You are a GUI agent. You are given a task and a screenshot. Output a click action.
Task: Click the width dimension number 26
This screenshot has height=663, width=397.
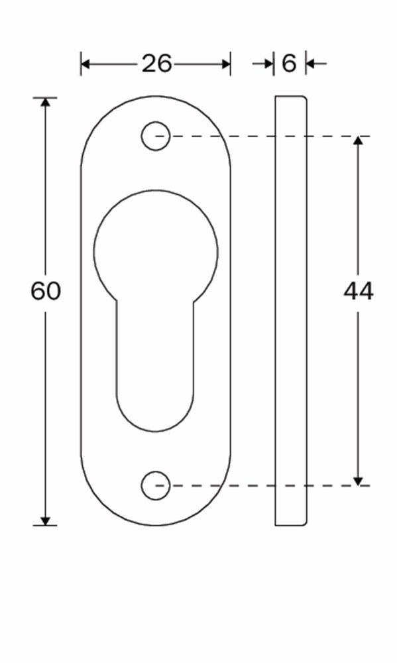coord(156,64)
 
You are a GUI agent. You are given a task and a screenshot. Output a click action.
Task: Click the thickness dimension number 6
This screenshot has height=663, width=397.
coord(289,64)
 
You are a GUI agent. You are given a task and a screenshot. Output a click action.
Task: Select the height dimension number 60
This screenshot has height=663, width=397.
coord(46,291)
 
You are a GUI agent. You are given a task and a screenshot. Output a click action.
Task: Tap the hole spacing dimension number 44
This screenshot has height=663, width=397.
coord(359,291)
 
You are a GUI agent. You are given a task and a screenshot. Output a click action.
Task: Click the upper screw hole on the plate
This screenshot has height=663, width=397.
coord(156,137)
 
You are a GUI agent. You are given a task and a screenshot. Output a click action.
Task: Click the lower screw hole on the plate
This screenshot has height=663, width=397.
coord(156,485)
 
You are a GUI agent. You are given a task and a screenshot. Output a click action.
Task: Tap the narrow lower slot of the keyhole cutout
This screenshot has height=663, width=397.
coord(156,371)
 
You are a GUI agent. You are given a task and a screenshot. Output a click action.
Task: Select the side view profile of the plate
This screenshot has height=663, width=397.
coord(291,312)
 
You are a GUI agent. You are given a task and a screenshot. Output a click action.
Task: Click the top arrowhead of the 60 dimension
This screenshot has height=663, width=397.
coord(46,103)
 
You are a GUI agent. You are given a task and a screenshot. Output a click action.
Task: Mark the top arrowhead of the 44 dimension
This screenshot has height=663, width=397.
coord(359,142)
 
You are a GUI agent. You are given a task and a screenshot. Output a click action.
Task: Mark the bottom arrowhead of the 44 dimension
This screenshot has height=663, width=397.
coord(359,480)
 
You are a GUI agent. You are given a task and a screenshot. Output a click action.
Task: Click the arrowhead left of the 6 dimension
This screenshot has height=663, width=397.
coord(268,64)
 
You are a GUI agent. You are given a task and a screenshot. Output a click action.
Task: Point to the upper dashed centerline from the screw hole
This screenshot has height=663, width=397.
coord(265,137)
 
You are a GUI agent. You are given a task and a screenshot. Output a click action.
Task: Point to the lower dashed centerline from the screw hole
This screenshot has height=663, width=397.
coord(265,485)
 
